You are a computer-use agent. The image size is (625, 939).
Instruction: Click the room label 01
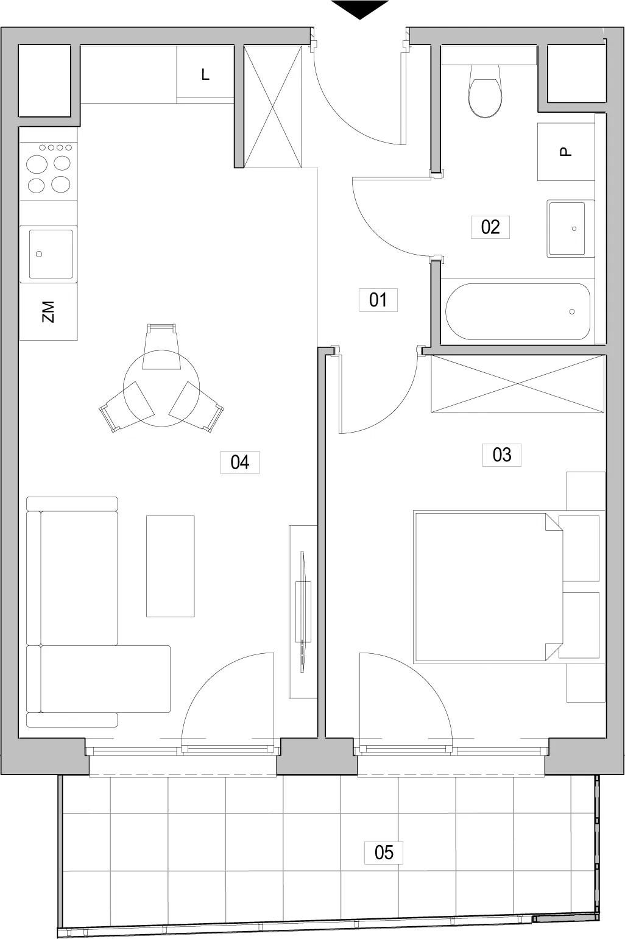point(378,300)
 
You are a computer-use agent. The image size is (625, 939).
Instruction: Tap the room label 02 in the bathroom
point(490,227)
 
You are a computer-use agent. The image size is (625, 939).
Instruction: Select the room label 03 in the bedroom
point(502,455)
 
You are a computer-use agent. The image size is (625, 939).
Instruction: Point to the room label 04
point(240,462)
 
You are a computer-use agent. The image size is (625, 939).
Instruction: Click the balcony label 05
point(384,852)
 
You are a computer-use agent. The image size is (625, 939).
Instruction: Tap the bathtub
point(518,311)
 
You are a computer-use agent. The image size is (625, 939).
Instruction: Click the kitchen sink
point(51,253)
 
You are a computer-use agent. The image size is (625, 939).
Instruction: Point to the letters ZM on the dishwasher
point(48,311)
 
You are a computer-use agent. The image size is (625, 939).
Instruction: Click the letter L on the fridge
point(205,75)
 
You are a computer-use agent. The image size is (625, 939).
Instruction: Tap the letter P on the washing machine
point(565,152)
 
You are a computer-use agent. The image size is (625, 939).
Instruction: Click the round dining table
point(161,389)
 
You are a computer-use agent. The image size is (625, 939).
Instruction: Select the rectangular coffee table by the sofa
point(170,566)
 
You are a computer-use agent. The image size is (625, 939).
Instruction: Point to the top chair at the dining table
point(161,347)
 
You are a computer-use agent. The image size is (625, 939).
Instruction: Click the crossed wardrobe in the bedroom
point(518,383)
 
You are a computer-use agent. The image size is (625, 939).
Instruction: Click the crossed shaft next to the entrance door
point(273,107)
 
